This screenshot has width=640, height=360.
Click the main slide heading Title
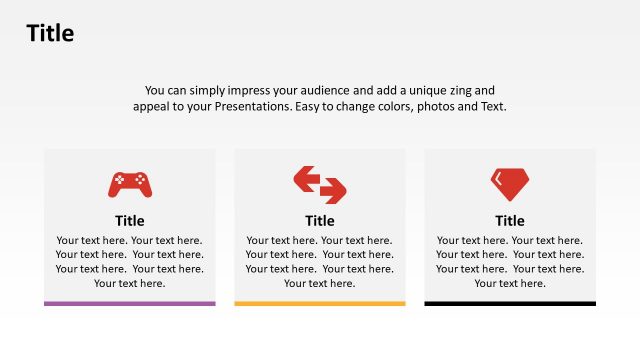(50, 34)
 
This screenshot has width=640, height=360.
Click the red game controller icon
(130, 184)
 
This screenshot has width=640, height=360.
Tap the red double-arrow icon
(320, 184)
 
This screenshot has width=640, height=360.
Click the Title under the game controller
(130, 221)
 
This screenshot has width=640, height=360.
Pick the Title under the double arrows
(320, 221)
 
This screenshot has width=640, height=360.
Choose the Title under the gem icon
(510, 221)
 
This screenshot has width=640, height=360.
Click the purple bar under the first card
(130, 303)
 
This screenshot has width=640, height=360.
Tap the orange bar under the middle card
(320, 303)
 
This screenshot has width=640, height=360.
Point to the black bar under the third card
(510, 303)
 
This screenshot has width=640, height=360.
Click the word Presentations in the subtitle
(252, 106)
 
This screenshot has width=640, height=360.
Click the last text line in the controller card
(130, 283)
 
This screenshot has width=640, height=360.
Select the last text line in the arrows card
(320, 283)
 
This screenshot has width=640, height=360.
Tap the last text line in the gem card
(510, 283)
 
